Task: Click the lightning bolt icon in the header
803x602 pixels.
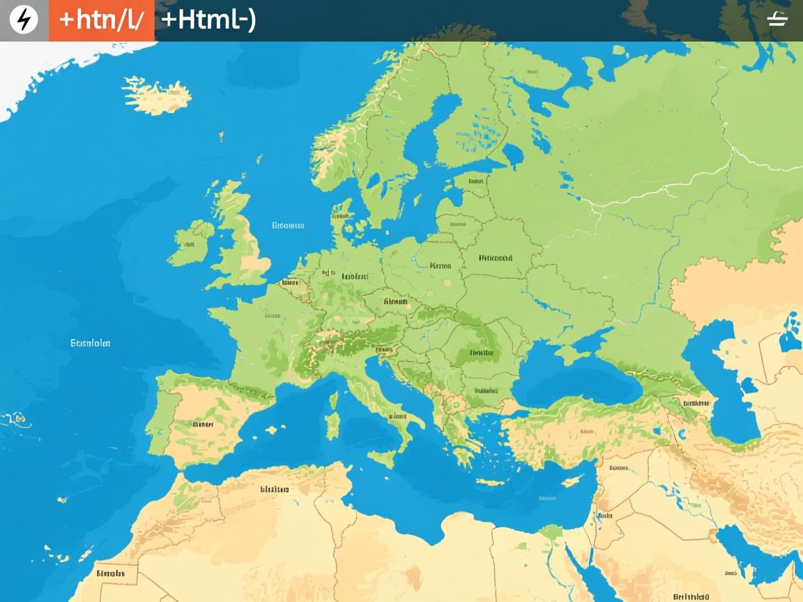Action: pyautogui.click(x=24, y=20)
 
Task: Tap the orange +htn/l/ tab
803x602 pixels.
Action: pyautogui.click(x=102, y=20)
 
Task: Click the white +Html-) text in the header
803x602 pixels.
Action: pyautogui.click(x=208, y=20)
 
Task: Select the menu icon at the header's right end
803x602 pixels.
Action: pyautogui.click(x=777, y=20)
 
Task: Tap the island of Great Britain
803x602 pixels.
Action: pyautogui.click(x=240, y=237)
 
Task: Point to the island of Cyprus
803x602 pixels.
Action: pyautogui.click(x=571, y=481)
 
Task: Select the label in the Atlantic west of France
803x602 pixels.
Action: pyautogui.click(x=91, y=343)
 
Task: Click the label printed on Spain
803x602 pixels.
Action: pyautogui.click(x=203, y=424)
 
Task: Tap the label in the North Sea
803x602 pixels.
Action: pyautogui.click(x=288, y=226)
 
